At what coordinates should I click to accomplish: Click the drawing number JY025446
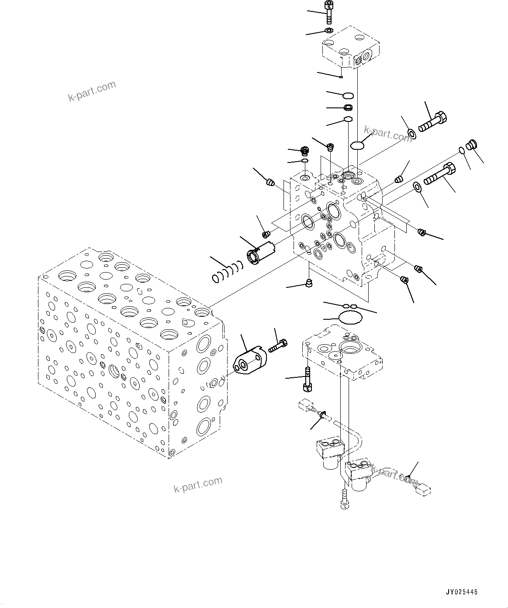pyautogui.click(x=461, y=592)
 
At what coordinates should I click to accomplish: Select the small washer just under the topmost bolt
pyautogui.click(x=328, y=31)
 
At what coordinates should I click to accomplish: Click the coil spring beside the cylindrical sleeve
pyautogui.click(x=226, y=271)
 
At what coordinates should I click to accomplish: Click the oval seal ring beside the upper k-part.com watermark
pyautogui.click(x=357, y=145)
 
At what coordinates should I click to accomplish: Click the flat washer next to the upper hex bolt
pyautogui.click(x=411, y=133)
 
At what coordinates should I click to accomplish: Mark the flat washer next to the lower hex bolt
pyautogui.click(x=417, y=187)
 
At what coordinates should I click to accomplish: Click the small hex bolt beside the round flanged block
pyautogui.click(x=278, y=346)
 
